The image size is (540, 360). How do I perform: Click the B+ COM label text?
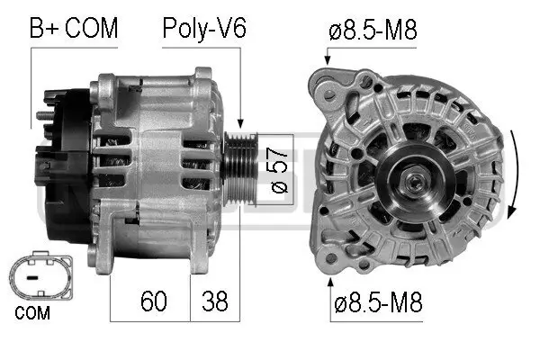pos(75,28)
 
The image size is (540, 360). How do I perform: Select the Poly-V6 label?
pos(203,28)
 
